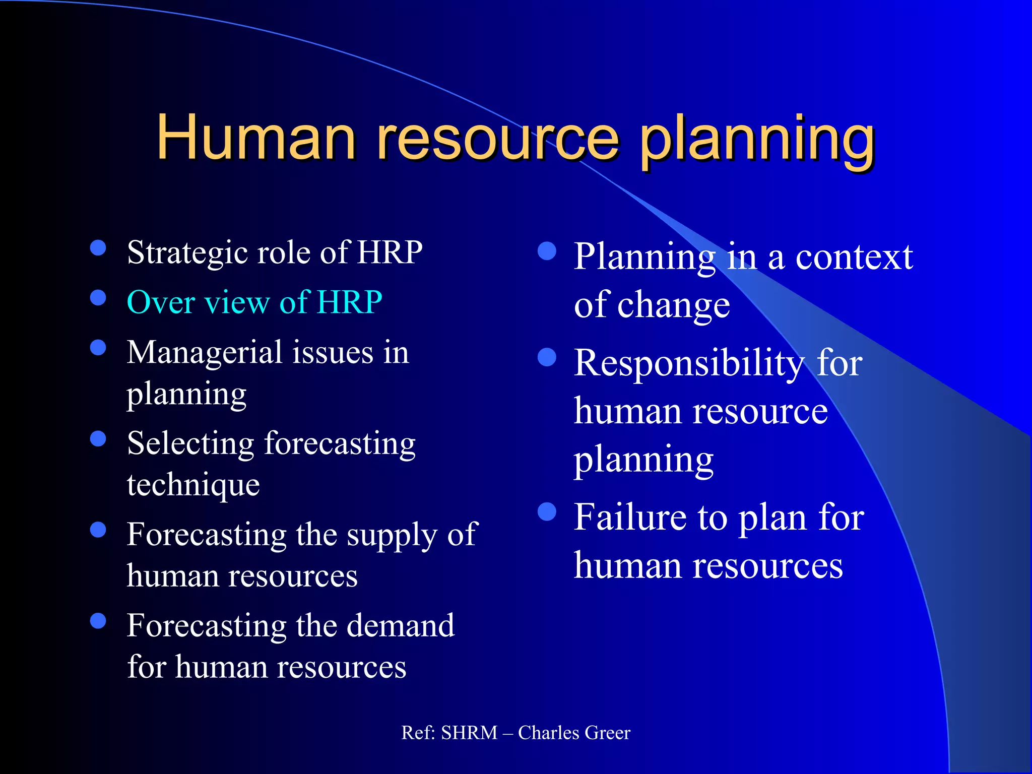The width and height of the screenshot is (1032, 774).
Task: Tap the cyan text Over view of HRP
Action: coord(254,302)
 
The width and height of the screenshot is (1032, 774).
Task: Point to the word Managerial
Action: coord(204,353)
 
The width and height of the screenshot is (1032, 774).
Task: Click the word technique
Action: coord(193,485)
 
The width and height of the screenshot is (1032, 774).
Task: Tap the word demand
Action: coord(401,626)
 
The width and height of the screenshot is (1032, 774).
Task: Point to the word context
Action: coord(854,257)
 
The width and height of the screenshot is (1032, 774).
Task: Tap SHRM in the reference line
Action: coord(469,733)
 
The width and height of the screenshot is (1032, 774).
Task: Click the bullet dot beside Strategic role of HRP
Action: coord(98,247)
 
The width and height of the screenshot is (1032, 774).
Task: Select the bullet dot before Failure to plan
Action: coord(547,512)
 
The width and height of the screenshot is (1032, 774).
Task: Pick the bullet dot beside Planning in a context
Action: coord(547,251)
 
